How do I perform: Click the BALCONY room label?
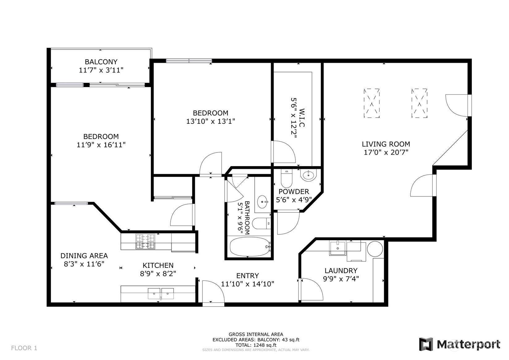pos(101,62)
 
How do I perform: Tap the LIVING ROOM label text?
pos(386,144)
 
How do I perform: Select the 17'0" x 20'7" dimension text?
pos(386,152)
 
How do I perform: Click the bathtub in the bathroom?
pos(250,247)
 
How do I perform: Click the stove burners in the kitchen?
pos(145,242)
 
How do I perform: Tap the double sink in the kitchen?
pos(161,294)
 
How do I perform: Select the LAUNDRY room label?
pos(341,271)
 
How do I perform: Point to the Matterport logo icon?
pos(426,344)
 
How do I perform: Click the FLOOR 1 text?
pos(24,348)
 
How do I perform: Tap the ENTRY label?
pos(248,276)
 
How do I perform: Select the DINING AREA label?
pos(84,256)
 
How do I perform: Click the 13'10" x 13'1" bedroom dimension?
pos(211,122)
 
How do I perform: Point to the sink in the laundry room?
pos(337,248)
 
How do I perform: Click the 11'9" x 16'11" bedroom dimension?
pos(101,145)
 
